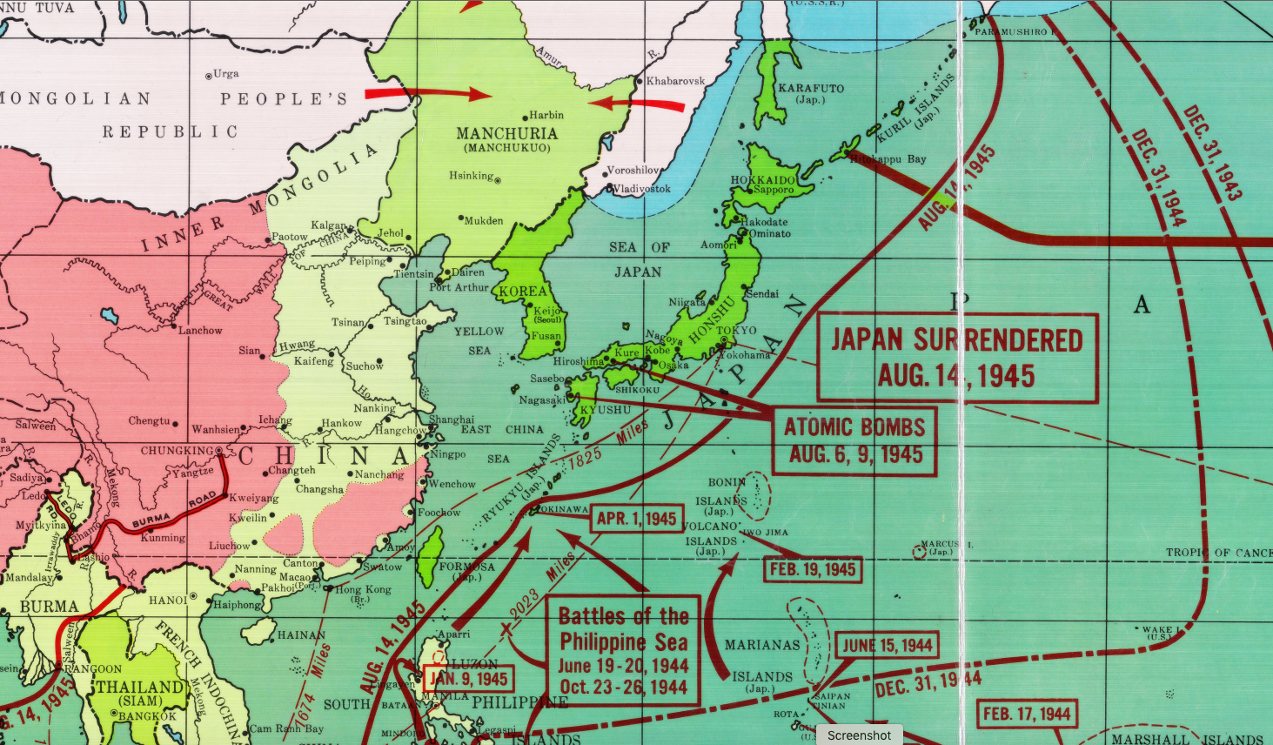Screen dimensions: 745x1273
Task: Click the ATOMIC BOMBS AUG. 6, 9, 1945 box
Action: [854, 440]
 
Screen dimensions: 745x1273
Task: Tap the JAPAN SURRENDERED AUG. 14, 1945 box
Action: [957, 358]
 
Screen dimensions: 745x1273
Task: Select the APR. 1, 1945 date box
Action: [636, 519]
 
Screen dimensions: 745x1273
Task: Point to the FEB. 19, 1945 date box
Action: [812, 570]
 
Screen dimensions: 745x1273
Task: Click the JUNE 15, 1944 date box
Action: [887, 646]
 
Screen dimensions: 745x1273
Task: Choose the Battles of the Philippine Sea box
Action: [623, 650]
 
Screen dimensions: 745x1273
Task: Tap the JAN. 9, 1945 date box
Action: [468, 679]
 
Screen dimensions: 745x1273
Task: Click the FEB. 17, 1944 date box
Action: [1027, 715]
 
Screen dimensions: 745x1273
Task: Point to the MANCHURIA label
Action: [506, 134]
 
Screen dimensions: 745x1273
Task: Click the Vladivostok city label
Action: [641, 189]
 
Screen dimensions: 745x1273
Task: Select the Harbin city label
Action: [546, 115]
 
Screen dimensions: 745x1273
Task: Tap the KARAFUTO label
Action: [811, 88]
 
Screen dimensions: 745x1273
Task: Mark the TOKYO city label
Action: [737, 331]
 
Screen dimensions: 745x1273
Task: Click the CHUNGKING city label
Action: [177, 451]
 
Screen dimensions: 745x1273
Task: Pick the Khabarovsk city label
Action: [675, 81]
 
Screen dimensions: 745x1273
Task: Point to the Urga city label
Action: [225, 74]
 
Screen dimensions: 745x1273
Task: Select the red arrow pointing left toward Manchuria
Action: [636, 104]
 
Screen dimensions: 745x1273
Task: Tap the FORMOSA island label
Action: [466, 567]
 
